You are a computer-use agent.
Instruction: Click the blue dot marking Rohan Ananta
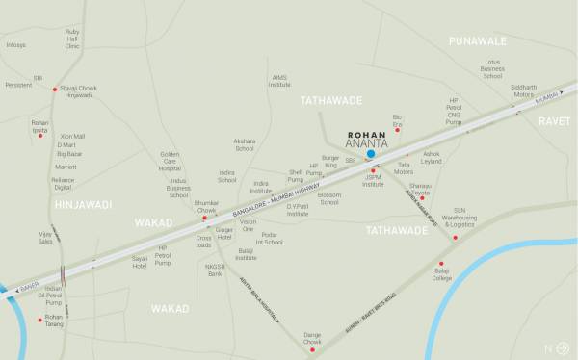point(371,153)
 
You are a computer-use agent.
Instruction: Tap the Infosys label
point(14,44)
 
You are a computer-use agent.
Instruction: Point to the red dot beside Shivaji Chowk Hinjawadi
point(55,89)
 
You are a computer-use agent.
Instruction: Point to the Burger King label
point(331,162)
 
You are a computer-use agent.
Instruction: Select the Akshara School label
point(245,145)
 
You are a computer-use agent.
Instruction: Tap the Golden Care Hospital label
point(170,160)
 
